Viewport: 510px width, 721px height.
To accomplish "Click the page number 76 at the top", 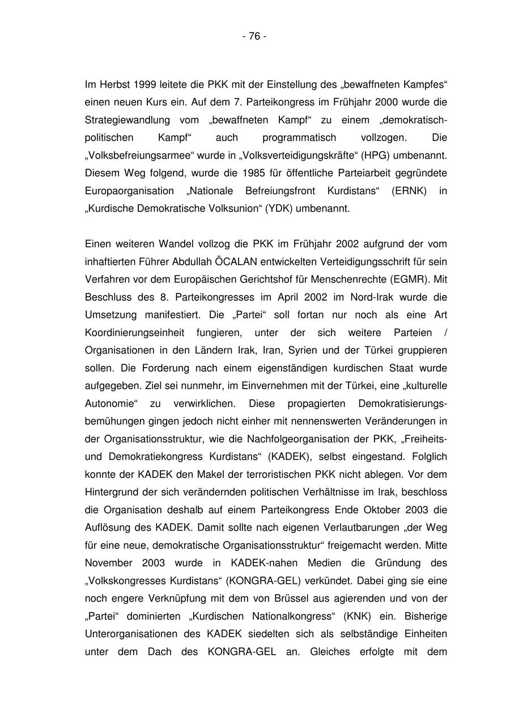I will [x=254, y=36].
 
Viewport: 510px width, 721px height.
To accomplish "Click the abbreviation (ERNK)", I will [x=410, y=191].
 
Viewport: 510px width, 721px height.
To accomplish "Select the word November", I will [x=109, y=563].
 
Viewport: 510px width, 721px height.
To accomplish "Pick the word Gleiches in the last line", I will [x=330, y=651].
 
